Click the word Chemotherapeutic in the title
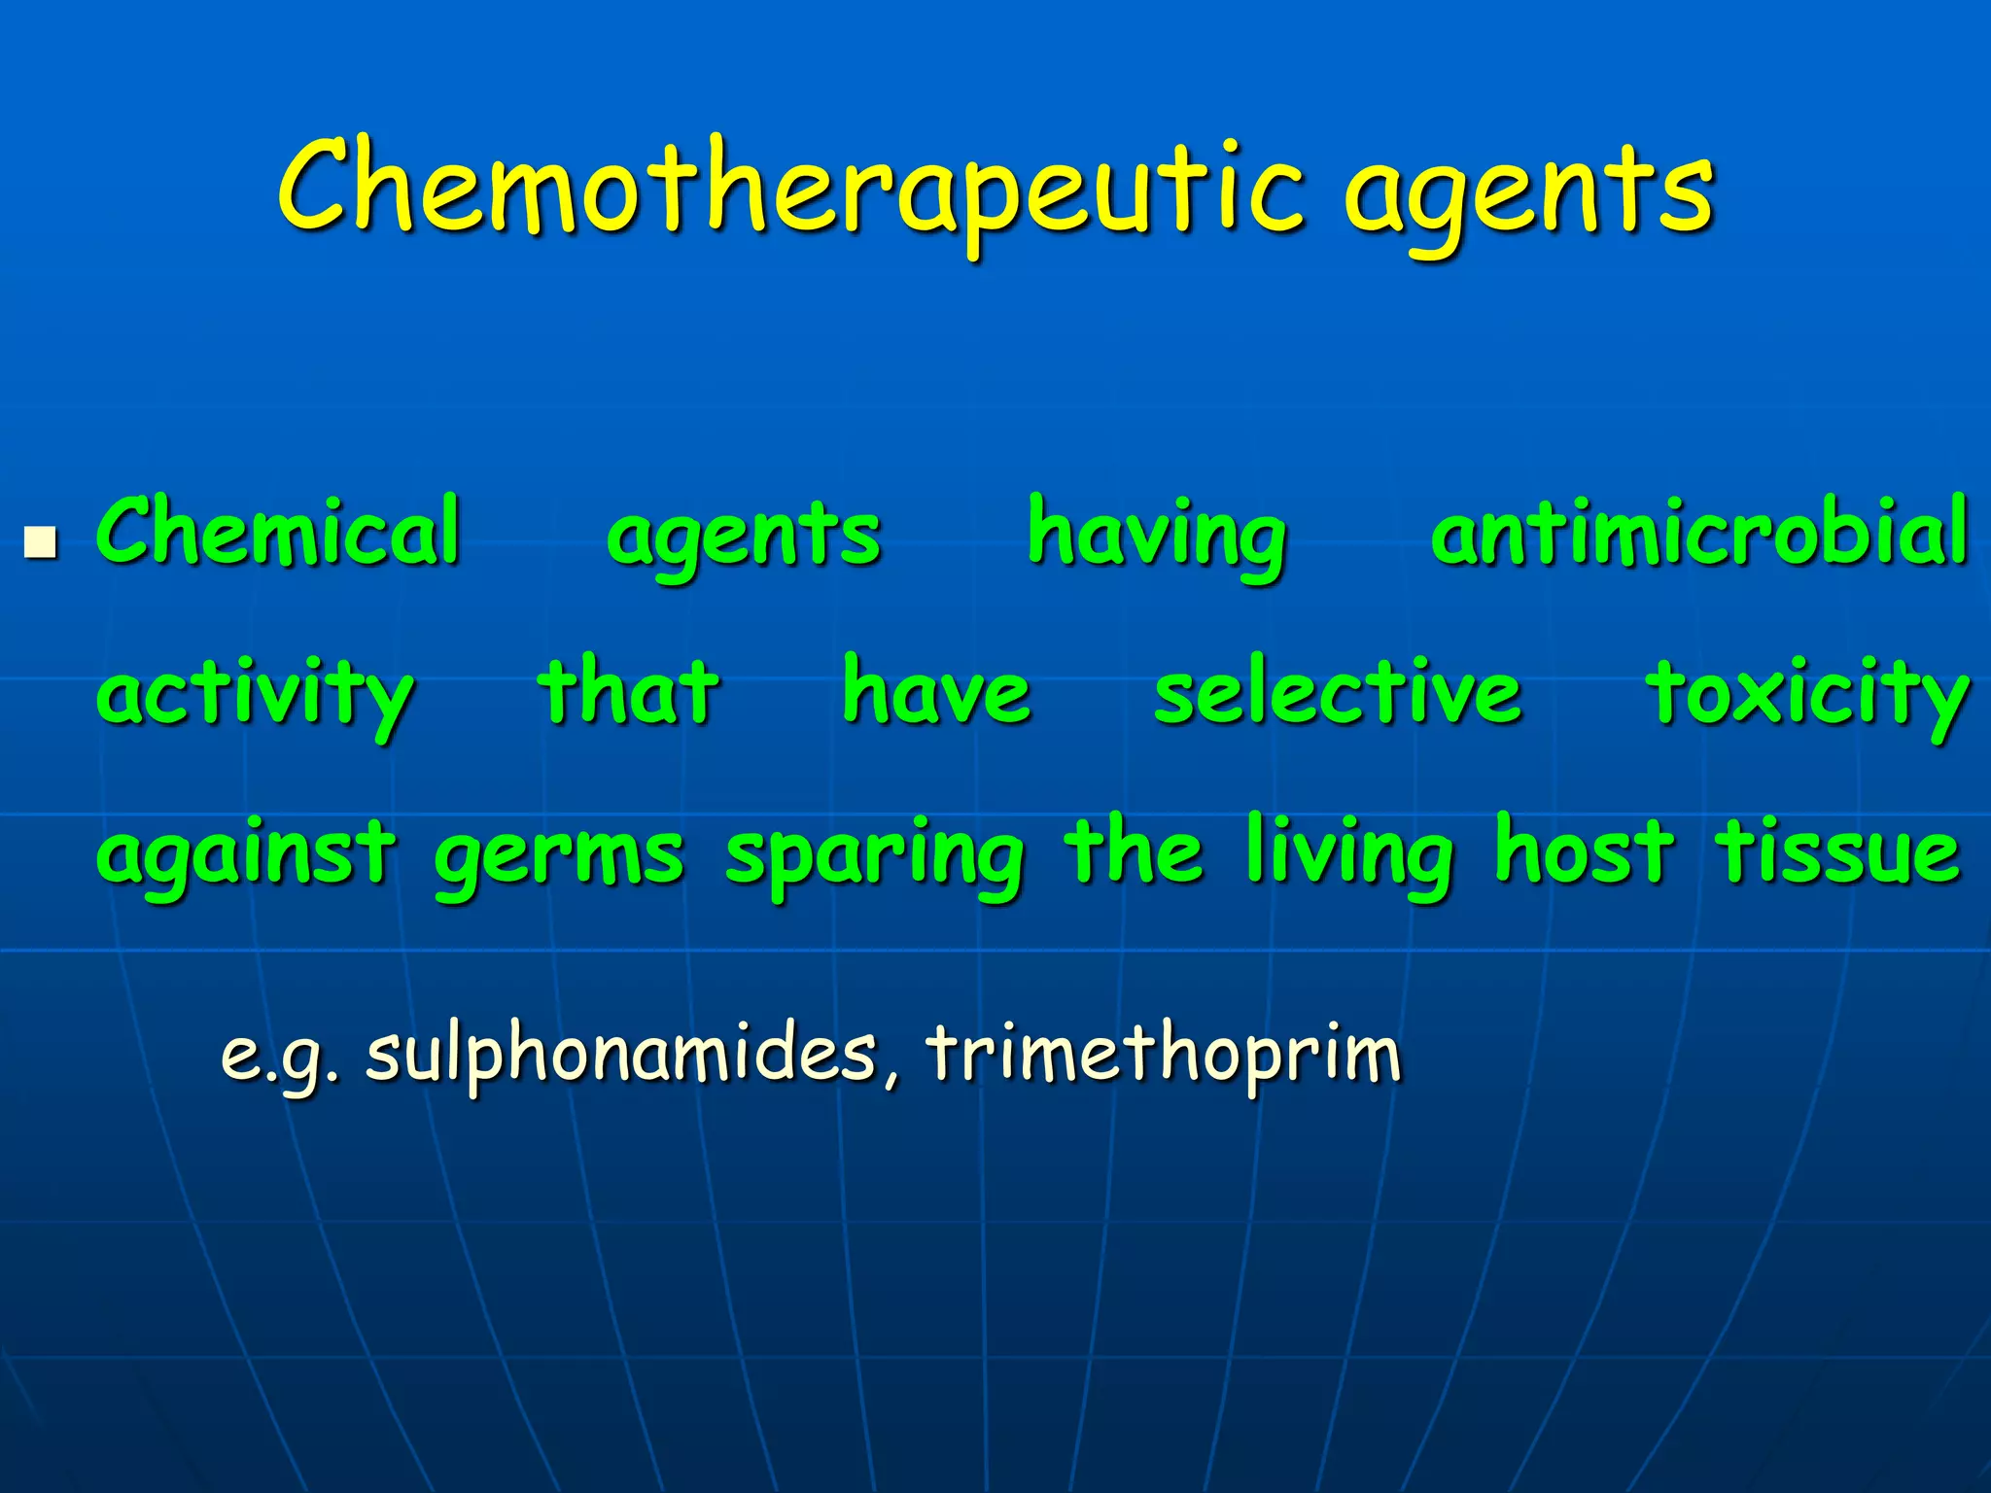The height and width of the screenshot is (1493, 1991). click(789, 190)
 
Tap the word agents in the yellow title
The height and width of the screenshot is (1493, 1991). click(1528, 194)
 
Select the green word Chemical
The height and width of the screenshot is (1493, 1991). click(278, 532)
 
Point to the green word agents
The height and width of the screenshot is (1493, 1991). click(744, 538)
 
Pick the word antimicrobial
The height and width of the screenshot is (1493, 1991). click(1700, 532)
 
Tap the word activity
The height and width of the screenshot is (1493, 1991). click(256, 695)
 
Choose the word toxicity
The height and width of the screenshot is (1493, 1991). click(1807, 695)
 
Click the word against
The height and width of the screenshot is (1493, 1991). click(247, 855)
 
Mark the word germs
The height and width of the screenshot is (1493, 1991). click(559, 857)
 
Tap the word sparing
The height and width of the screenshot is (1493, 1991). click(875, 857)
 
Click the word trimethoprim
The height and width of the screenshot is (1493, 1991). click(1164, 1054)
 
